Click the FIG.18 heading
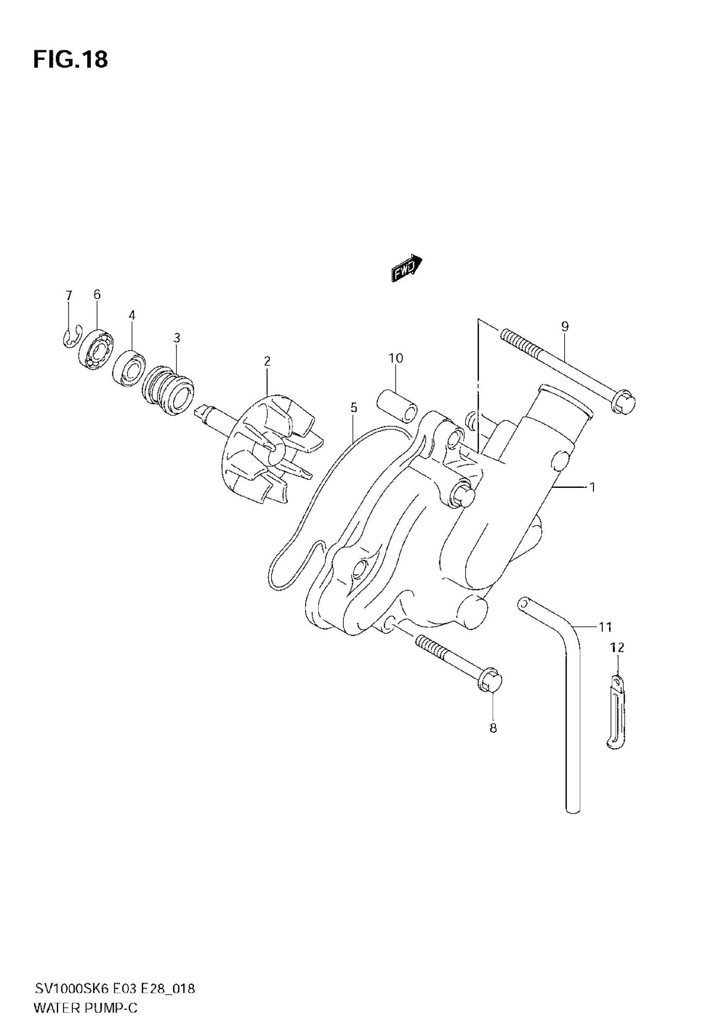70,59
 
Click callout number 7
69,295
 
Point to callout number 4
131,315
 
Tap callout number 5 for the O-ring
354,407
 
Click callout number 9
565,327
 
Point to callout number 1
592,487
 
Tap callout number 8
493,728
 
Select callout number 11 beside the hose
605,627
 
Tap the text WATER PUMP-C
86,1008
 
